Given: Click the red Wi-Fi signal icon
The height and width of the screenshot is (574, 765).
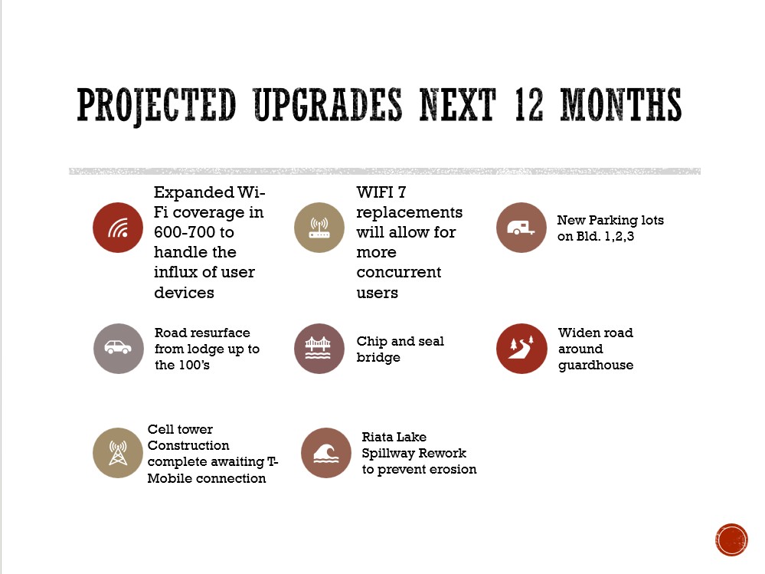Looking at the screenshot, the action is point(118,228).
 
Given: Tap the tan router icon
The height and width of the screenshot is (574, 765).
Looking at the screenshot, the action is point(319,228).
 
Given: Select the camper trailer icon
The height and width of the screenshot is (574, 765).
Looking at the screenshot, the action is point(521,228).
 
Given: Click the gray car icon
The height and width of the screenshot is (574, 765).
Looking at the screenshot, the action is point(119,349).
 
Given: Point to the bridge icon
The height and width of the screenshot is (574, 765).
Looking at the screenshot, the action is point(319,349).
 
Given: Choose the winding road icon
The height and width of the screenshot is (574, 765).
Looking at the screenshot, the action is point(521,349).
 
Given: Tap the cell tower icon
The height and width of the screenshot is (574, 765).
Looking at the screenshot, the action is point(118,453).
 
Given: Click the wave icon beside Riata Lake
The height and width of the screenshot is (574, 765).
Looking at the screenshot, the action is point(326,453).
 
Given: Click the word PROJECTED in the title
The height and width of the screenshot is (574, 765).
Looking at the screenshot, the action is point(157,105).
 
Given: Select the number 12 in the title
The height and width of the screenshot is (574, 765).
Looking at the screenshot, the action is point(528,104).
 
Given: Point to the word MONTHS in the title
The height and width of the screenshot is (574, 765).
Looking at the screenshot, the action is point(620,104).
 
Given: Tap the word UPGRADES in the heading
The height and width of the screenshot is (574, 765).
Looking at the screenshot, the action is point(328,104).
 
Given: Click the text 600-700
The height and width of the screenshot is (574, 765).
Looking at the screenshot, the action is point(194,232).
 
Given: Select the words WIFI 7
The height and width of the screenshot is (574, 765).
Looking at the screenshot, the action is point(381,192).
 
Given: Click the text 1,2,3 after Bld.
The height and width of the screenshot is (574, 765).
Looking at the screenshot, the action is point(620,236).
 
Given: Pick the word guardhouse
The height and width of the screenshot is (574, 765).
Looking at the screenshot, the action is point(596,365).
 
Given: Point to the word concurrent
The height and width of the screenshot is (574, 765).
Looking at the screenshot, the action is point(399,272).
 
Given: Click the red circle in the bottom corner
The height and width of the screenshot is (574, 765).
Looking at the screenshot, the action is point(731,540).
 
